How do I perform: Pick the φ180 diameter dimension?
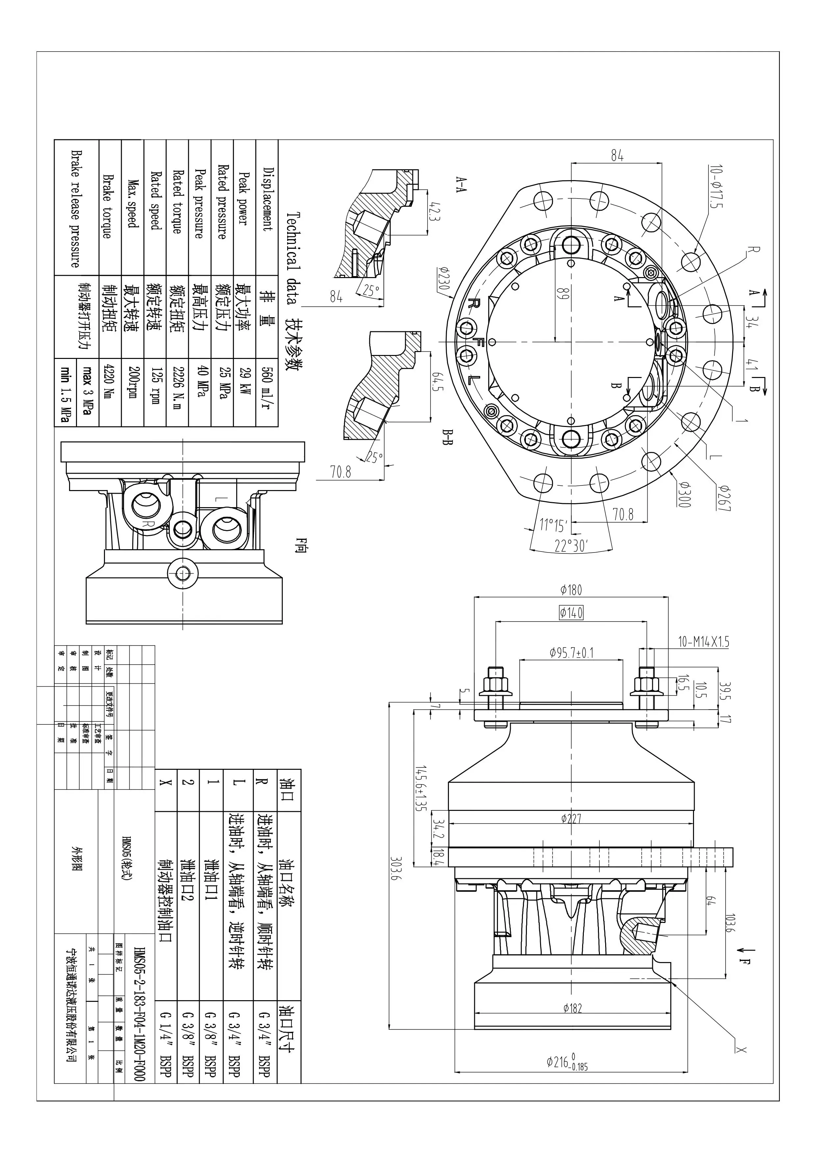tap(571, 590)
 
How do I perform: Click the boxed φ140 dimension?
tap(571, 613)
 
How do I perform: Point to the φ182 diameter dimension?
tap(572, 1008)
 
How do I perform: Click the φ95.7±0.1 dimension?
tap(571, 653)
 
